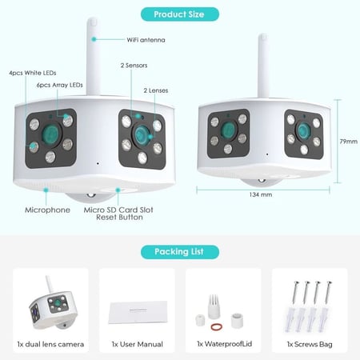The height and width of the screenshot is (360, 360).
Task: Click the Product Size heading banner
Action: [179, 14]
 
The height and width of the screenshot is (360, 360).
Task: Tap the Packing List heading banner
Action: [179, 251]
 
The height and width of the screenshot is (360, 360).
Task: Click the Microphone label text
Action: [46, 210]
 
